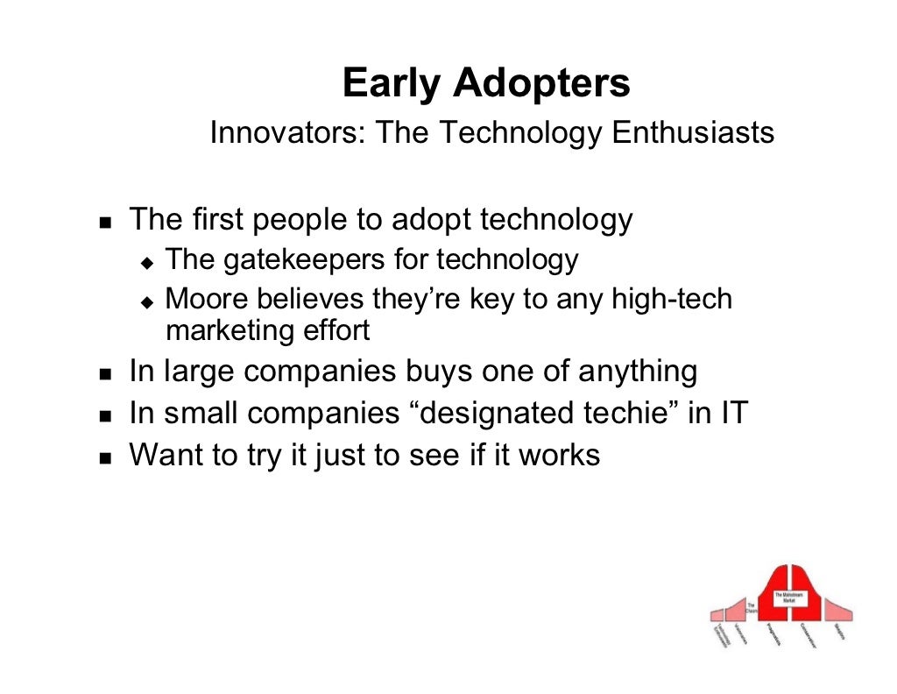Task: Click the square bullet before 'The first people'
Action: click(105, 222)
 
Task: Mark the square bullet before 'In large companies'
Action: click(105, 373)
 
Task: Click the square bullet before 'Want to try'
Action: click(105, 457)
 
